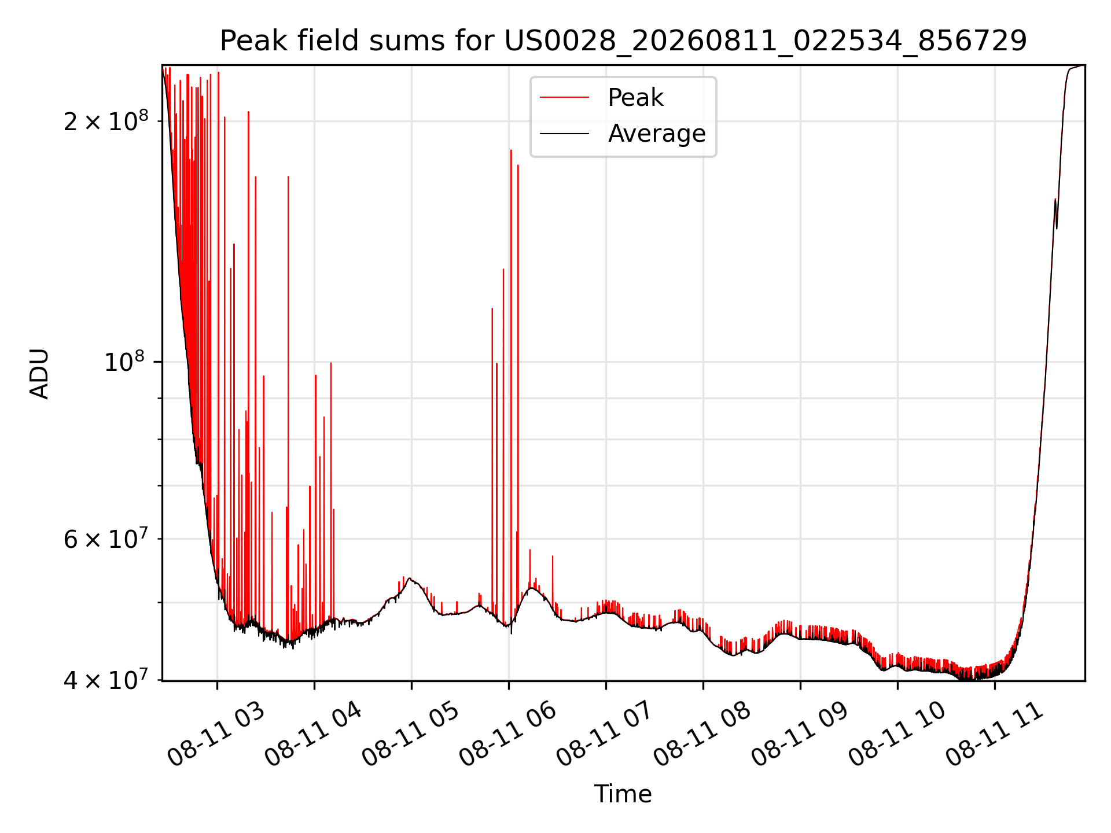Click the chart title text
click(x=623, y=41)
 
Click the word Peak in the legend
click(x=635, y=98)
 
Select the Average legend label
click(x=657, y=134)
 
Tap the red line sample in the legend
click(x=564, y=98)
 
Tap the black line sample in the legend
click(x=564, y=134)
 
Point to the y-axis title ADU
click(x=39, y=373)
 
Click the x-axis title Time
click(x=623, y=794)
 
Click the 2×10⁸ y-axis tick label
click(x=106, y=120)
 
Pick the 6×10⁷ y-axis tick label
click(x=106, y=539)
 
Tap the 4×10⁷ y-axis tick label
click(x=106, y=680)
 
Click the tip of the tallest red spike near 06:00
click(x=511, y=150)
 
